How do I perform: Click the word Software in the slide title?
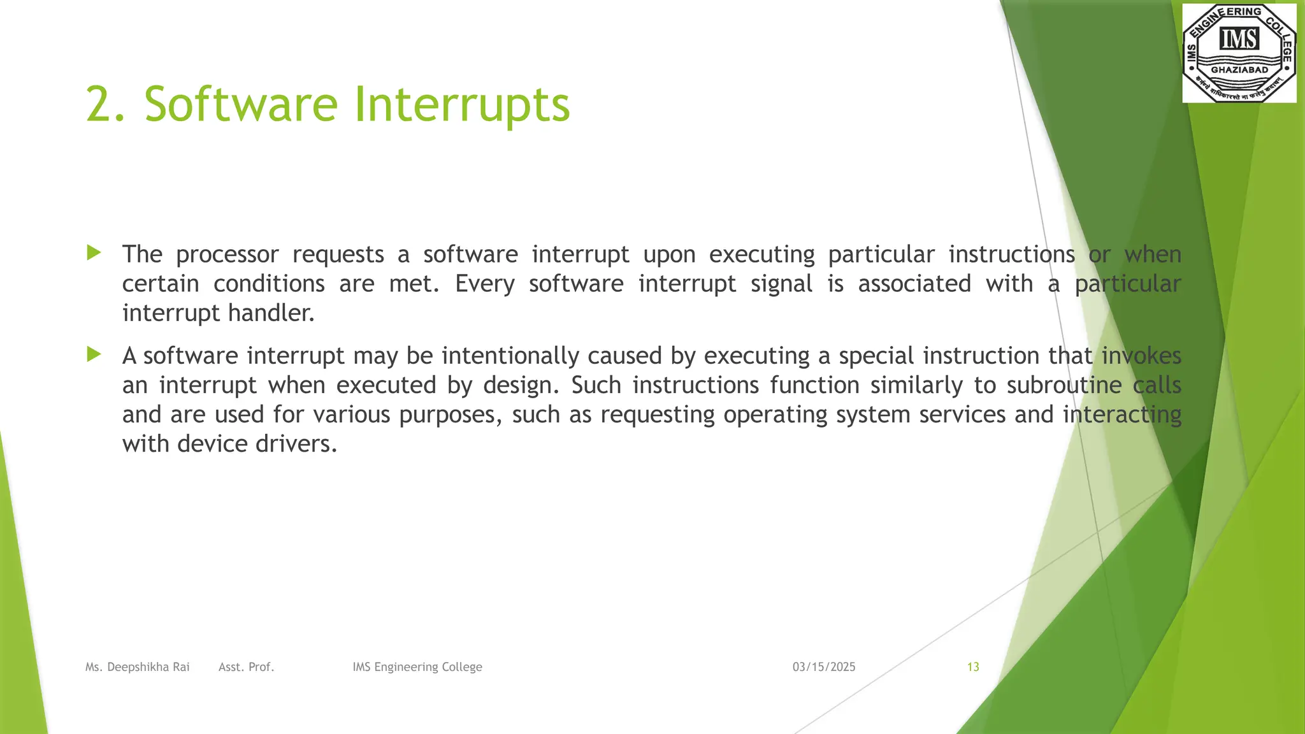click(x=240, y=104)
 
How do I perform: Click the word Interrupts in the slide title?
click(x=461, y=104)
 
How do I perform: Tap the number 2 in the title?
click(x=99, y=104)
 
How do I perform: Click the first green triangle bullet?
click(x=94, y=253)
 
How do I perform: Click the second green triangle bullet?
click(x=94, y=354)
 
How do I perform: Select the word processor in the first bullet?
click(x=227, y=255)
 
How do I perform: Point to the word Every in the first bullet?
click(x=484, y=284)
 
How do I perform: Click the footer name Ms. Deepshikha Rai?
click(x=138, y=667)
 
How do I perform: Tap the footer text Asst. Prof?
click(x=246, y=667)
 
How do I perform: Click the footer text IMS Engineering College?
click(x=417, y=667)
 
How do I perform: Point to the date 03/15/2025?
click(x=824, y=667)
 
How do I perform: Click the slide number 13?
click(x=973, y=667)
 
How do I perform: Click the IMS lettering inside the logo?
click(x=1239, y=40)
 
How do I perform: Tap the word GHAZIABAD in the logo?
click(x=1239, y=70)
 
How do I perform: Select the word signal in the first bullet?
click(x=781, y=284)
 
